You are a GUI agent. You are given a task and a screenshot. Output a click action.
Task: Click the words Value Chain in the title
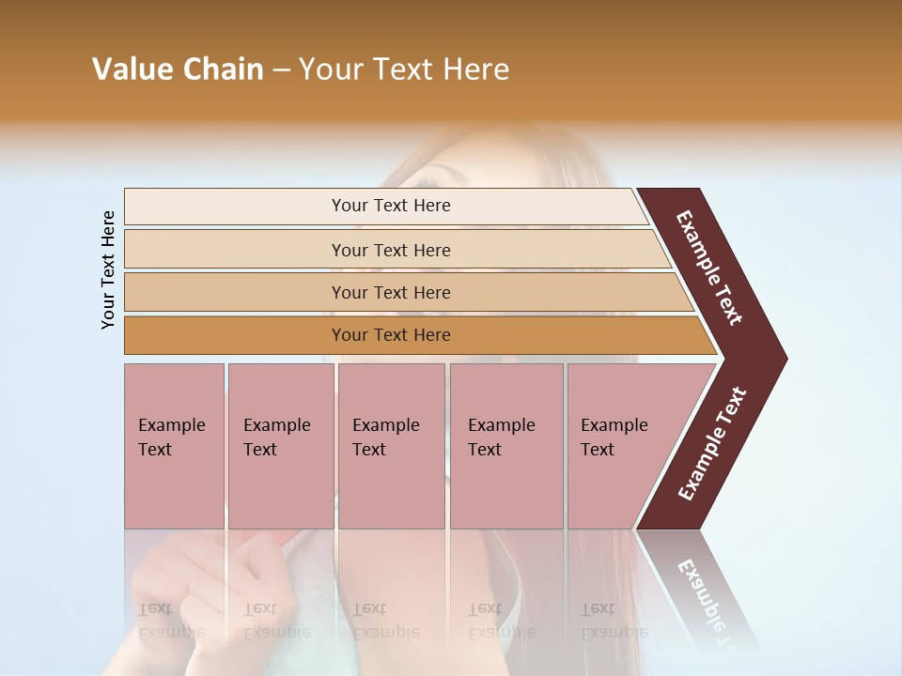pos(178,69)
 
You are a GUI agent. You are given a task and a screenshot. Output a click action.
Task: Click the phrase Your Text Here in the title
pos(404,69)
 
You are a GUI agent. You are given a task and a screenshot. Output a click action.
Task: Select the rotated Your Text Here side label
pos(108,269)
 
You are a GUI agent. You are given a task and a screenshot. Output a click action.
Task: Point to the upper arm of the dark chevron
pos(709,267)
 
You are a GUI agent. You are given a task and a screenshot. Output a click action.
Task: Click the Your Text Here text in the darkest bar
pos(391,335)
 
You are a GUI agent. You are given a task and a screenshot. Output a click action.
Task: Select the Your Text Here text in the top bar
pos(391,206)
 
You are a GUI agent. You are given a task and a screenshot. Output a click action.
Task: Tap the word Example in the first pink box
pos(171,425)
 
